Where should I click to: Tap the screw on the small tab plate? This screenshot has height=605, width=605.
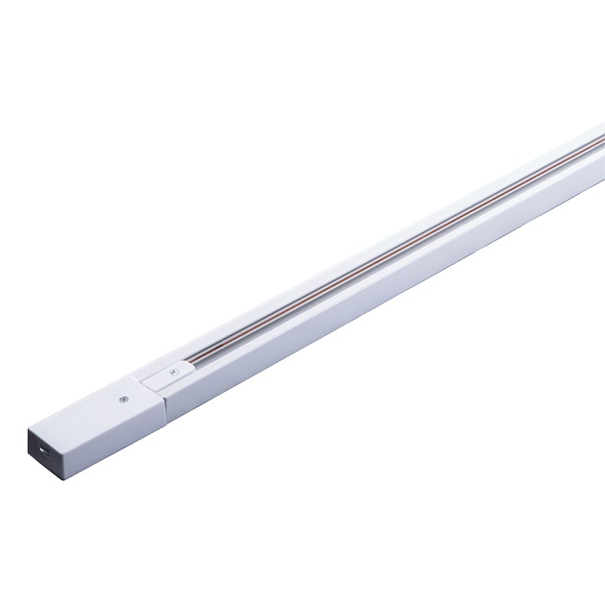(x=173, y=370)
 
